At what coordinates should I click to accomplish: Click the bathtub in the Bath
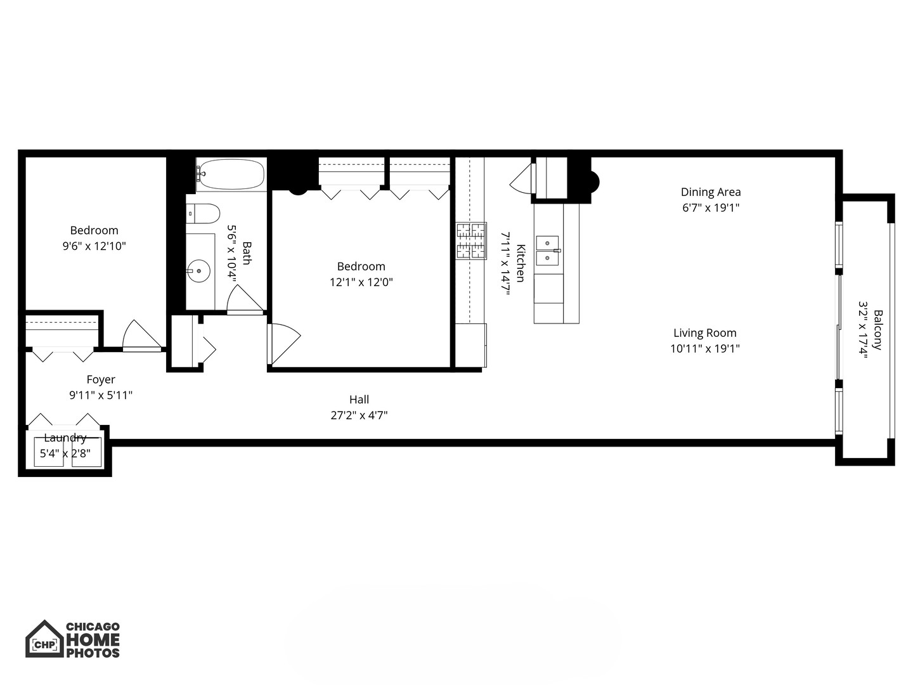tap(231, 174)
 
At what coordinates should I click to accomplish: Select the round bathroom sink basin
tap(199, 271)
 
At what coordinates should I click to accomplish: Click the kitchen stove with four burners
tap(471, 241)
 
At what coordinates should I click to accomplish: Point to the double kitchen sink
tap(548, 251)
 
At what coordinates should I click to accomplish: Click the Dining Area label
tap(711, 192)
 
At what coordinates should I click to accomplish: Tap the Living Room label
tap(704, 332)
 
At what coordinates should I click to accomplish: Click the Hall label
tap(359, 400)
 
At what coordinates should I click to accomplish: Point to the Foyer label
tap(101, 379)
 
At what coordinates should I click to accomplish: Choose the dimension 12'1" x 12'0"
tap(361, 282)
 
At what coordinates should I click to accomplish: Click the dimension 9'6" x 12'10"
tap(94, 246)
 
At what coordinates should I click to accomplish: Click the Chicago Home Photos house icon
tap(44, 639)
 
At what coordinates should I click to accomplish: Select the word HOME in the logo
tap(93, 639)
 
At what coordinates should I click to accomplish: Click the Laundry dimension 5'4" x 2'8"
tap(65, 453)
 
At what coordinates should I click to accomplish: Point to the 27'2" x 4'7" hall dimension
tap(359, 415)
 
